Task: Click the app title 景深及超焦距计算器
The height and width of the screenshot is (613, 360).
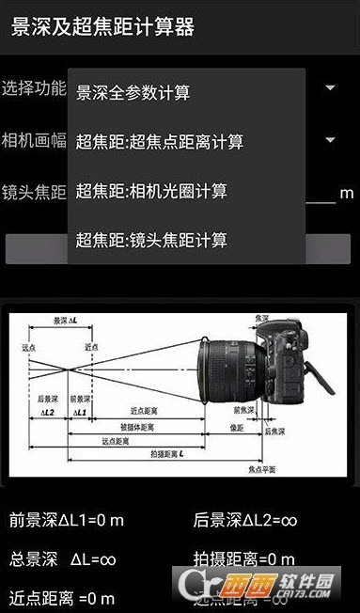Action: (102, 27)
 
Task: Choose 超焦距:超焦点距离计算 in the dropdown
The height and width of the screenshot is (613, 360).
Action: (160, 142)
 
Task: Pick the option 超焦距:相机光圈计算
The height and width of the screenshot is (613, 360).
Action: (151, 191)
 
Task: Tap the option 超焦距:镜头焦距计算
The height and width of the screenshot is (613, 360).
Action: (151, 240)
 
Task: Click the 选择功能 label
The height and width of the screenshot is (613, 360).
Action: (34, 88)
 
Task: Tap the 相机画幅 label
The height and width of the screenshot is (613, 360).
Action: (34, 141)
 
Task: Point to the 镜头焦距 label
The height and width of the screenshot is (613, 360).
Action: (34, 193)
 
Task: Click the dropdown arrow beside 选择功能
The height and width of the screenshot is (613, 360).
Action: (331, 88)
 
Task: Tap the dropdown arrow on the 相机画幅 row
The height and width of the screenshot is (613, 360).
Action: (331, 141)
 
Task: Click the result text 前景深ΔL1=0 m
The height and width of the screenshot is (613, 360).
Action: (67, 519)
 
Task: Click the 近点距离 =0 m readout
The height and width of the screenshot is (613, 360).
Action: (62, 598)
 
